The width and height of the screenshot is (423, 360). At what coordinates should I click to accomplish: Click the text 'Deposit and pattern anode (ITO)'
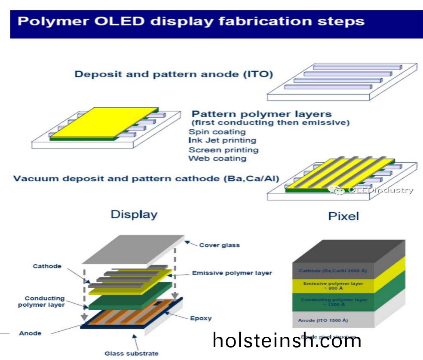click(x=174, y=74)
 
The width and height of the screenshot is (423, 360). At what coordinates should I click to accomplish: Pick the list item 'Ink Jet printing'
click(x=222, y=140)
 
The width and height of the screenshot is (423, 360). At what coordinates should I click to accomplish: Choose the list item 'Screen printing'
click(x=224, y=150)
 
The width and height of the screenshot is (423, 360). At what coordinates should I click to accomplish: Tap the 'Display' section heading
click(x=134, y=214)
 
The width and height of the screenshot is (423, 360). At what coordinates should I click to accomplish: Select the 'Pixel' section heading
click(x=343, y=216)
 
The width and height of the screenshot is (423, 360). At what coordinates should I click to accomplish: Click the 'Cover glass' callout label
click(x=219, y=246)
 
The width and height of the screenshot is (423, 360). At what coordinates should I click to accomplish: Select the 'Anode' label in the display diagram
click(x=30, y=333)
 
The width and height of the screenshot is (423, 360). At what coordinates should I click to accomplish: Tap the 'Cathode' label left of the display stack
click(x=47, y=266)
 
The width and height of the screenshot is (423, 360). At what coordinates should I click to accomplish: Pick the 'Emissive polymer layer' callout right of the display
click(x=232, y=273)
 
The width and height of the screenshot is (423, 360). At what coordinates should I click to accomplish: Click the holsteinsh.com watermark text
click(x=287, y=341)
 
